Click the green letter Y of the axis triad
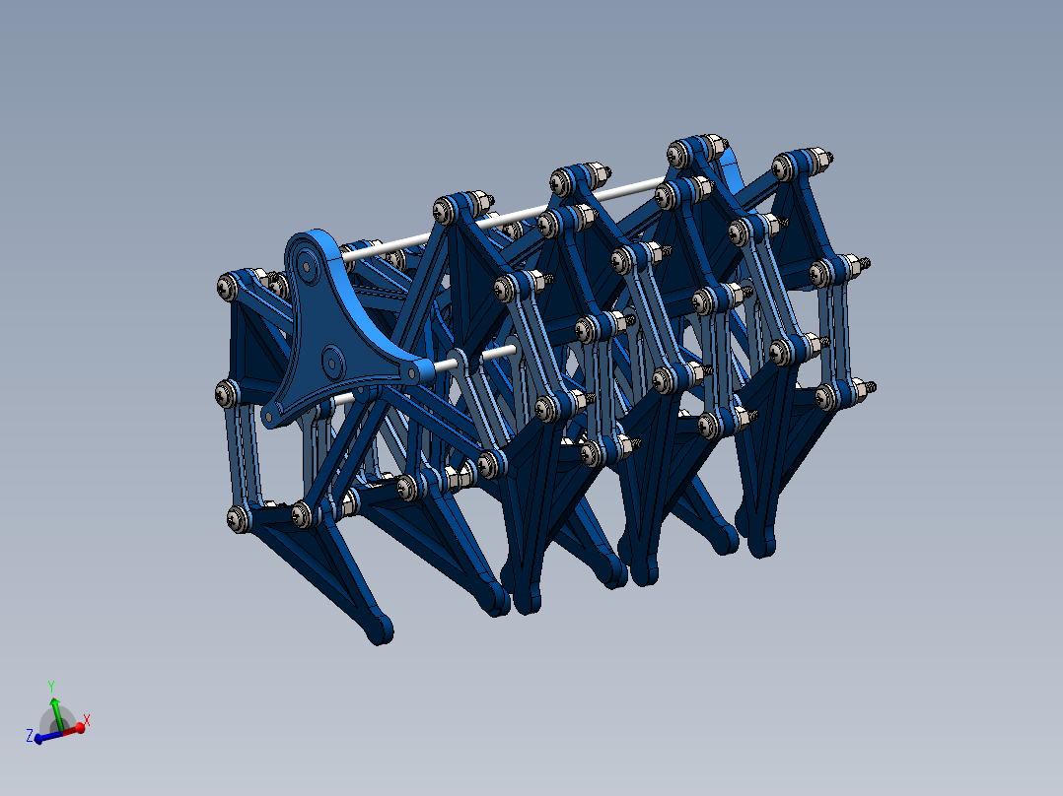coord(51,687)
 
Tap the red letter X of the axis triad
coord(86,720)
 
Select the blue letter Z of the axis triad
coord(30,736)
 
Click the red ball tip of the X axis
coord(80,728)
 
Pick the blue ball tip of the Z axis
coord(38,739)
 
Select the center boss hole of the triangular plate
coord(332,363)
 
